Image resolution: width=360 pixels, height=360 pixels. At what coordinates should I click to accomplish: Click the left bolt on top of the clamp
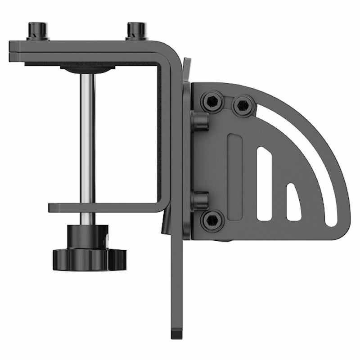point(36,31)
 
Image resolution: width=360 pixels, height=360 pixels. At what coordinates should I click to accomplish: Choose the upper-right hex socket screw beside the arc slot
point(242,105)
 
